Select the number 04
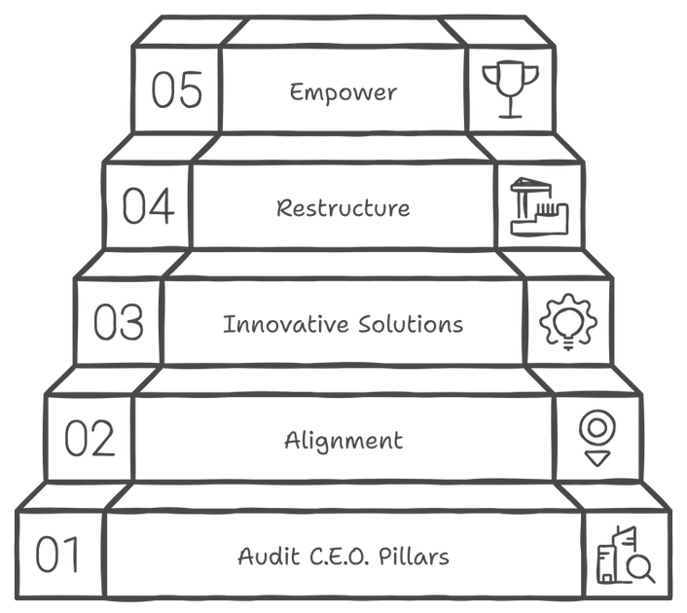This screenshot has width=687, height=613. pos(148,205)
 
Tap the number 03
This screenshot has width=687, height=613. pos(120,321)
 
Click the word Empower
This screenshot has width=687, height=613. pos(343,93)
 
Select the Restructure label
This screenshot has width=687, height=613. pos(343,207)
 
